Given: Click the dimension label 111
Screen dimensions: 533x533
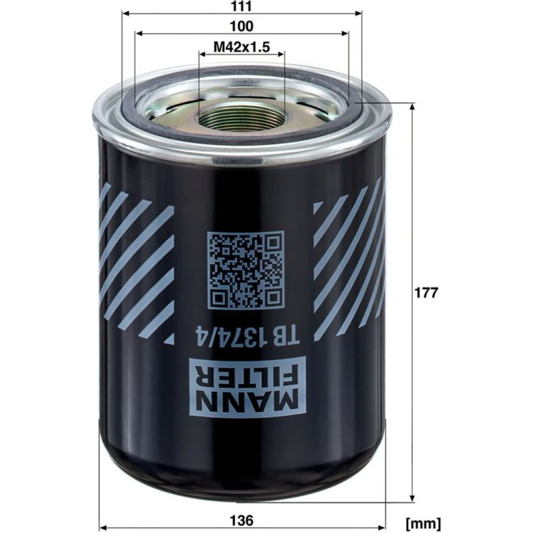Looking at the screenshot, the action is coord(241,6).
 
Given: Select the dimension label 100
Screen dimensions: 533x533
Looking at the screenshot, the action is coord(241,26).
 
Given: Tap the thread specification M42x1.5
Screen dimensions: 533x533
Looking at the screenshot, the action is coord(241,47).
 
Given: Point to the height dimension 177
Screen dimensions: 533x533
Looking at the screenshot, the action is coord(426,292).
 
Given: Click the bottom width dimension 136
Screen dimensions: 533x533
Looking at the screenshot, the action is coord(241,520).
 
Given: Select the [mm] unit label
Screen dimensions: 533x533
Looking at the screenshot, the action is coord(424,522).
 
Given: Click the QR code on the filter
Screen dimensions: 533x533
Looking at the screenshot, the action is coord(246,270).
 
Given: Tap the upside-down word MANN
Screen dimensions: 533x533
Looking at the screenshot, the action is coord(247,402).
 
